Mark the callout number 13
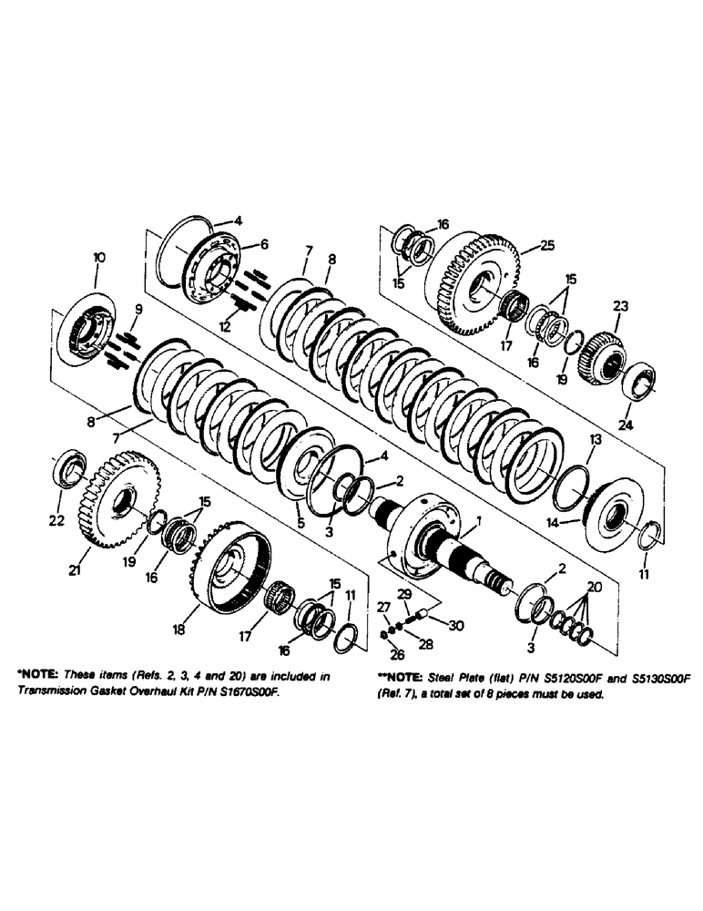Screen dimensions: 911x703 click(594, 440)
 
